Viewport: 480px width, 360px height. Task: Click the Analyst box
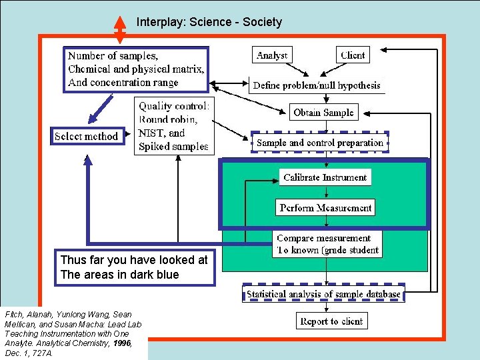272,55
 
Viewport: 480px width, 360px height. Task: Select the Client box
353,55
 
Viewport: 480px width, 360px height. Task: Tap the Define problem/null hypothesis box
317,85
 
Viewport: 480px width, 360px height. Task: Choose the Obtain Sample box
323,113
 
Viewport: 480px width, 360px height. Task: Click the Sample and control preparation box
320,142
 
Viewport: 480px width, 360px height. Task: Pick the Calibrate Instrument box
325,177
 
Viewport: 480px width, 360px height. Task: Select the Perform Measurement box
325,208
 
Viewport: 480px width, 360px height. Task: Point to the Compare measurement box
327,244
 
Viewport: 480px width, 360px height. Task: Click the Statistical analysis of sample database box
323,293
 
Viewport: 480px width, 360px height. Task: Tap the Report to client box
331,321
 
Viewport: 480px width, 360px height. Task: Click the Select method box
87,136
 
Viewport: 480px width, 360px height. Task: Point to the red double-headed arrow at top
120,28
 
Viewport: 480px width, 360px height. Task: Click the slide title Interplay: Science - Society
209,22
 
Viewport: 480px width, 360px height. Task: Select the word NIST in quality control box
151,133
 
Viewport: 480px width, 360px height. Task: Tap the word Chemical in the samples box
89,69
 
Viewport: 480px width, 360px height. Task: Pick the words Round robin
167,119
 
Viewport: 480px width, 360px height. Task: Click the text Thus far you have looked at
134,261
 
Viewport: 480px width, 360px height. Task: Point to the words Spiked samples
173,146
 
